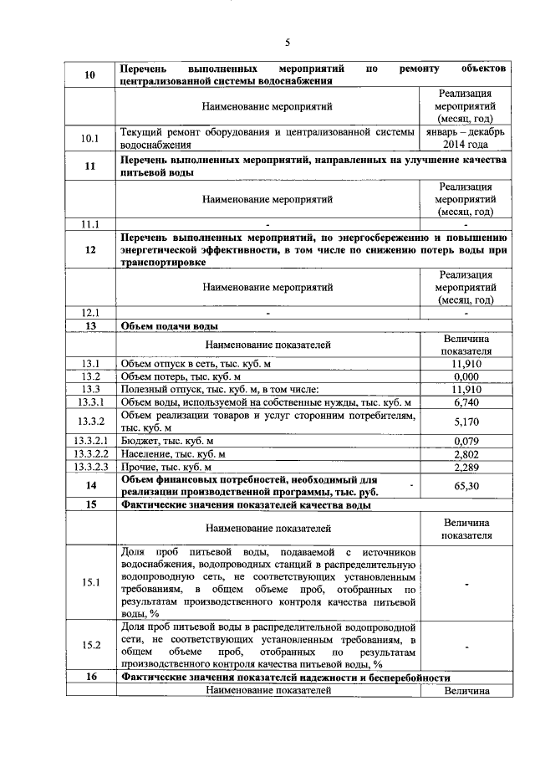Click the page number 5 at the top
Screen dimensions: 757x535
click(x=287, y=43)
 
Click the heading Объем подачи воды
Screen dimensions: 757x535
click(x=171, y=326)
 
